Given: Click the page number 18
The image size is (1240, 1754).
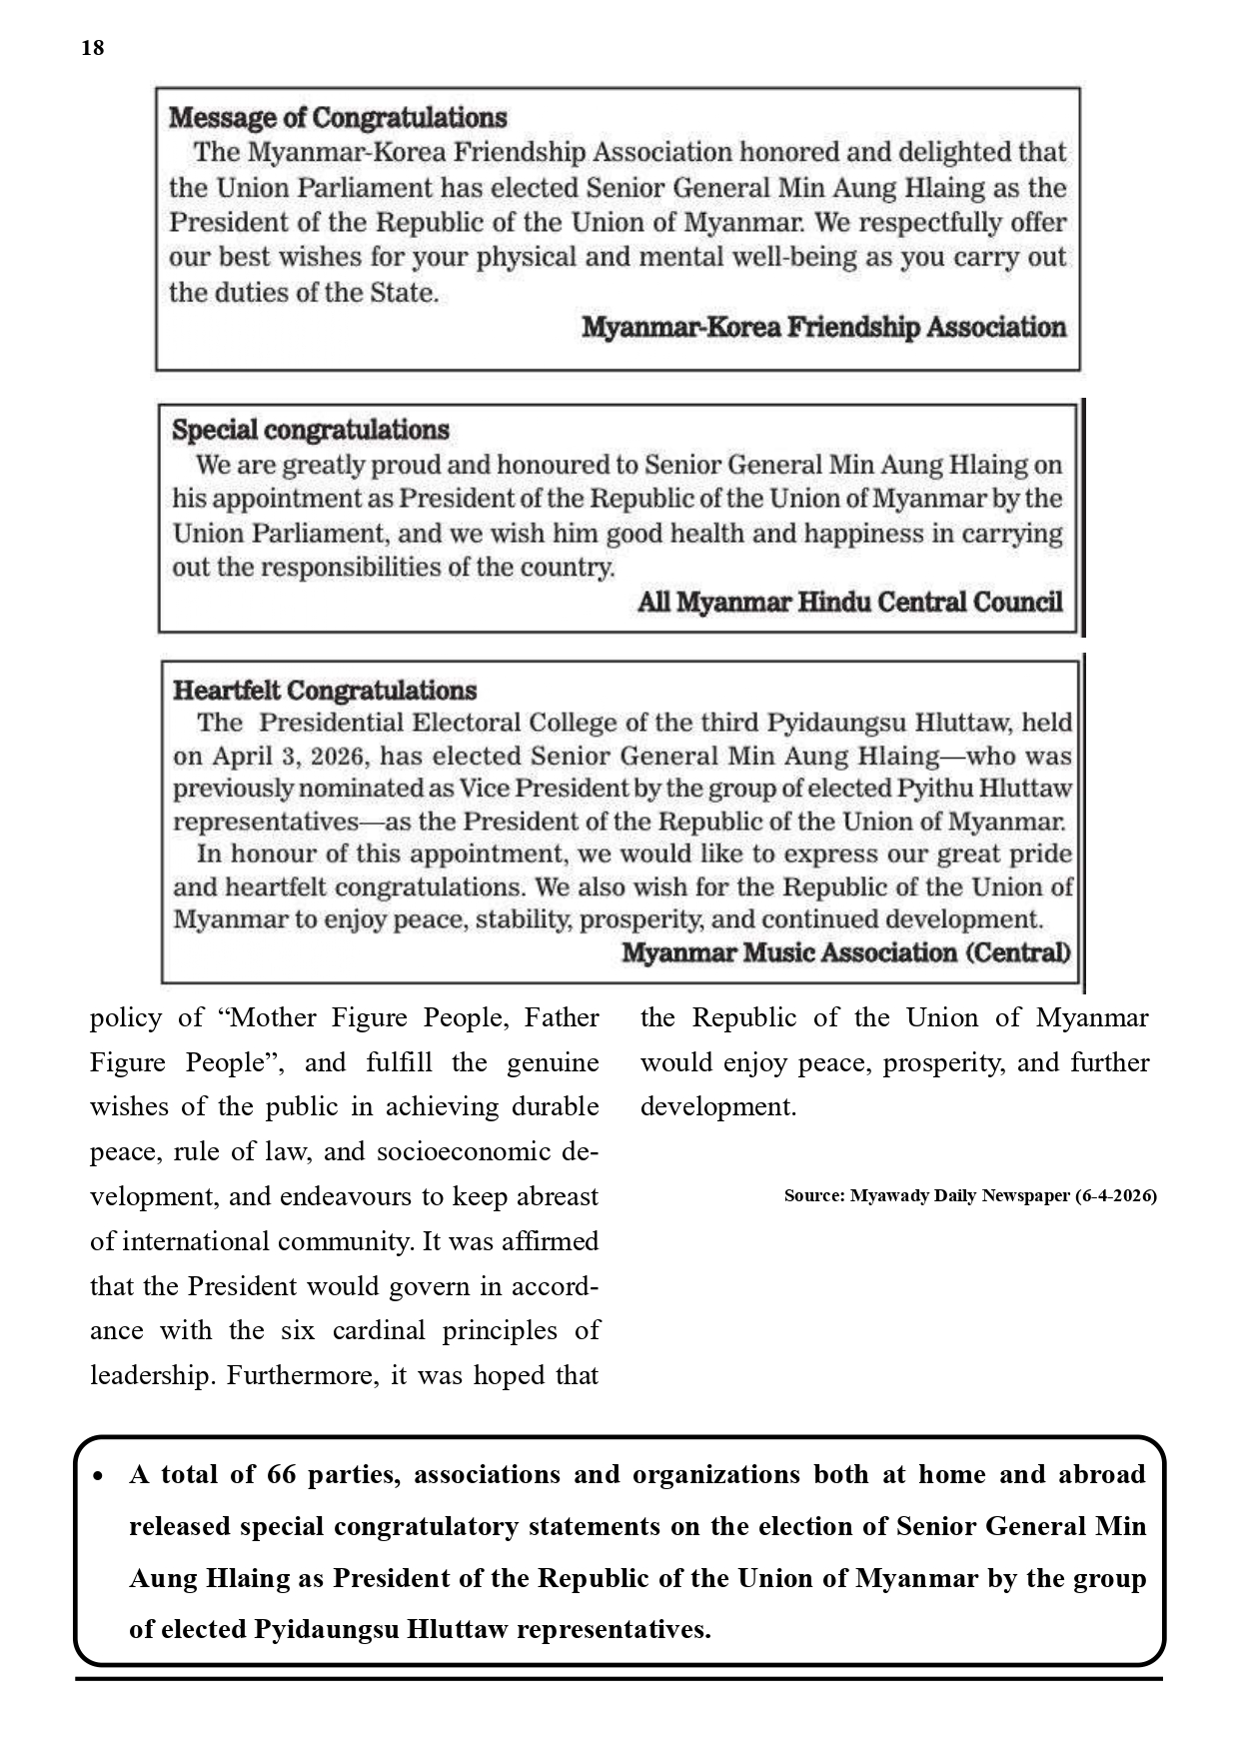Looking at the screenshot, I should click(x=92, y=48).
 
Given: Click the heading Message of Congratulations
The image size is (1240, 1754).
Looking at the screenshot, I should click(x=338, y=118).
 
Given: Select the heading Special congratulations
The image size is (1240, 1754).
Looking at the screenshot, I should click(x=311, y=430).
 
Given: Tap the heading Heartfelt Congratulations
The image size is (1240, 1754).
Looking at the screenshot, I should click(x=325, y=691).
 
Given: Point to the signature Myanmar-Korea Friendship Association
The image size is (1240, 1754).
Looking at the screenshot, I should click(x=823, y=328).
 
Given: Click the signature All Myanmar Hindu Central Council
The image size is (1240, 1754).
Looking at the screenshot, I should click(x=849, y=602).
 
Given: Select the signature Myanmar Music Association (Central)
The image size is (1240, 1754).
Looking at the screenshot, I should click(x=845, y=952).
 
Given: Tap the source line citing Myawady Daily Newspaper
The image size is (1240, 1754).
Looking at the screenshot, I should click(x=969, y=1195).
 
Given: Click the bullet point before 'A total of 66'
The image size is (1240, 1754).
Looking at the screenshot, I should click(x=99, y=1476).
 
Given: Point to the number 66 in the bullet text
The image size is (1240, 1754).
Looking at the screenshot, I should click(x=282, y=1475).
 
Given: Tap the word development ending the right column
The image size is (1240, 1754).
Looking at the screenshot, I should click(x=717, y=1106).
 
